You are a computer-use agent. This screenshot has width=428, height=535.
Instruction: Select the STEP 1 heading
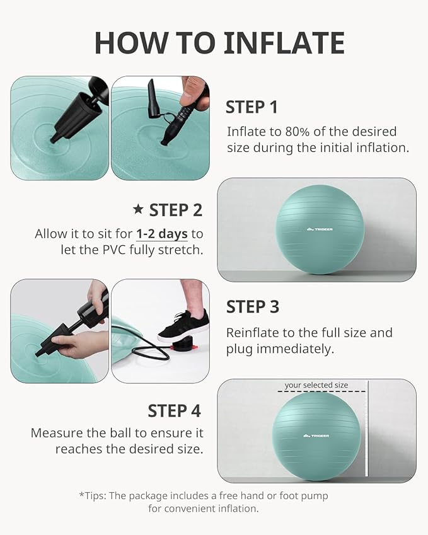252,107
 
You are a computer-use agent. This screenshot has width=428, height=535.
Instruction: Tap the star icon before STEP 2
138,209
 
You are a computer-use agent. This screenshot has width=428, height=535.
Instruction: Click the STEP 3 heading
252,307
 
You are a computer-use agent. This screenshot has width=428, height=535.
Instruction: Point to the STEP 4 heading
174,411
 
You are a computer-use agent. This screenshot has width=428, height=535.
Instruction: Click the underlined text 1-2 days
162,234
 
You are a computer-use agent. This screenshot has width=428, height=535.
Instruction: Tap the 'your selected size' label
316,385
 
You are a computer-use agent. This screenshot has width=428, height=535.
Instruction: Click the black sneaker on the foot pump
183,326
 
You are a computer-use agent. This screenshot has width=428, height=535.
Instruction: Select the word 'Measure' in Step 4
55,433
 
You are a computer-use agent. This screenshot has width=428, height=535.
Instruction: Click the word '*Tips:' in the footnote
93,495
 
